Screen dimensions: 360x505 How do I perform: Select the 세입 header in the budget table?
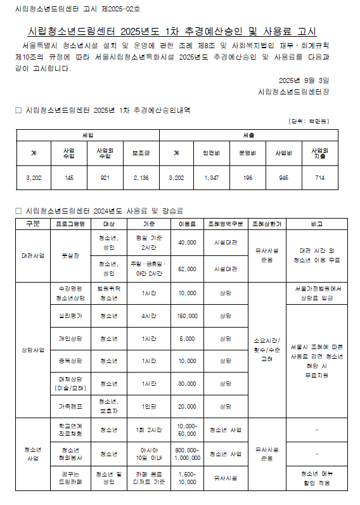[x=89, y=136]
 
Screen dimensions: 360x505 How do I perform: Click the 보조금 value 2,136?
[x=140, y=178]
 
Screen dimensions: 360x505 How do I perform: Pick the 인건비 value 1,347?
[x=211, y=178]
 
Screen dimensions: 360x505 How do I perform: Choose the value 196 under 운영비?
[x=247, y=178]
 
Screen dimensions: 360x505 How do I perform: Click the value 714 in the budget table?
[x=319, y=178]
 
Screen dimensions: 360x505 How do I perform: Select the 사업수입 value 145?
[x=69, y=178]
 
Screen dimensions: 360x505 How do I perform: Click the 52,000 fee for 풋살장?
[x=187, y=269]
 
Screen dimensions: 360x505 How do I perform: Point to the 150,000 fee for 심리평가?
[x=187, y=316]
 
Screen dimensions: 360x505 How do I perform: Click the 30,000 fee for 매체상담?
[x=187, y=383]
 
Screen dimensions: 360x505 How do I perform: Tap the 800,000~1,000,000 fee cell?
[x=187, y=454]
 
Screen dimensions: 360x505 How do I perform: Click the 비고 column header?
[x=316, y=224]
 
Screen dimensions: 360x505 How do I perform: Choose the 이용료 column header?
[x=187, y=224]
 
